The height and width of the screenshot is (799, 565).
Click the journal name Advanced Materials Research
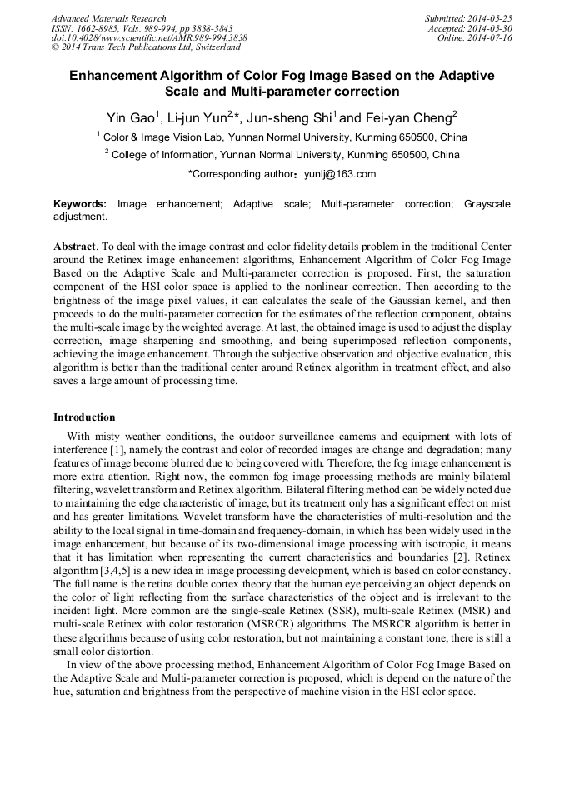[108, 18]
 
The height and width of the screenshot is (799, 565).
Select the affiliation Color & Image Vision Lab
[160, 137]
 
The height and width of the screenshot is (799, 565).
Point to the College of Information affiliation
[163, 155]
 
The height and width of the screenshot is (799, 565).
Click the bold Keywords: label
[80, 204]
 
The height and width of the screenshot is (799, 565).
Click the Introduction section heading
[84, 417]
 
